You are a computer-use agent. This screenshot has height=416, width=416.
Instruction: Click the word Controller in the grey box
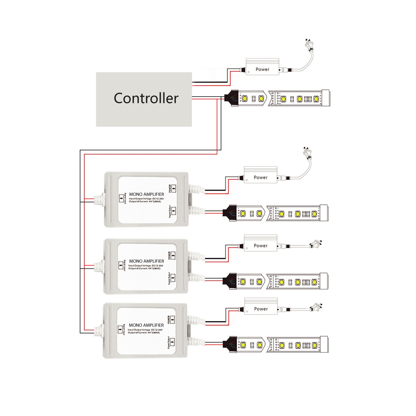[x=146, y=98]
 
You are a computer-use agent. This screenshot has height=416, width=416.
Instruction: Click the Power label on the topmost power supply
[x=262, y=69]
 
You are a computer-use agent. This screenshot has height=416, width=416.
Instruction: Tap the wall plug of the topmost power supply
[x=308, y=44]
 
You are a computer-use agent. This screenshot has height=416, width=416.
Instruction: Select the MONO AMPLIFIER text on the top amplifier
[x=146, y=194]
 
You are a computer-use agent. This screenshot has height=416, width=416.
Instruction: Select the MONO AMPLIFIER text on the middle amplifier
[x=146, y=261]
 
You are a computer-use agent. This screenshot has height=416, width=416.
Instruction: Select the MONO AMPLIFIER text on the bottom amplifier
[x=146, y=325]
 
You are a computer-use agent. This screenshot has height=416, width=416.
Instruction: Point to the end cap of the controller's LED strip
[x=326, y=98]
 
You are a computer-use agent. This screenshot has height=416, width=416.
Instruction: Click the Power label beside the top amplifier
[x=260, y=177]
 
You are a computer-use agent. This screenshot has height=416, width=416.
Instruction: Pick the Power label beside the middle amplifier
[x=260, y=246]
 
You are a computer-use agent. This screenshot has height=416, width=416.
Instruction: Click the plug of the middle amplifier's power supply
[x=316, y=245]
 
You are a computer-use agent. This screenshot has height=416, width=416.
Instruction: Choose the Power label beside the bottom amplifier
[x=261, y=309]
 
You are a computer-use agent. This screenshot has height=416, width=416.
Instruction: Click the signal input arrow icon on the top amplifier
[x=121, y=198]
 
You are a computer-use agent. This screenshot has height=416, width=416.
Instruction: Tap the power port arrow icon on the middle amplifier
[x=173, y=256]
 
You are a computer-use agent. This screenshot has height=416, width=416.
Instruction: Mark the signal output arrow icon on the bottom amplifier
[x=173, y=342]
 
